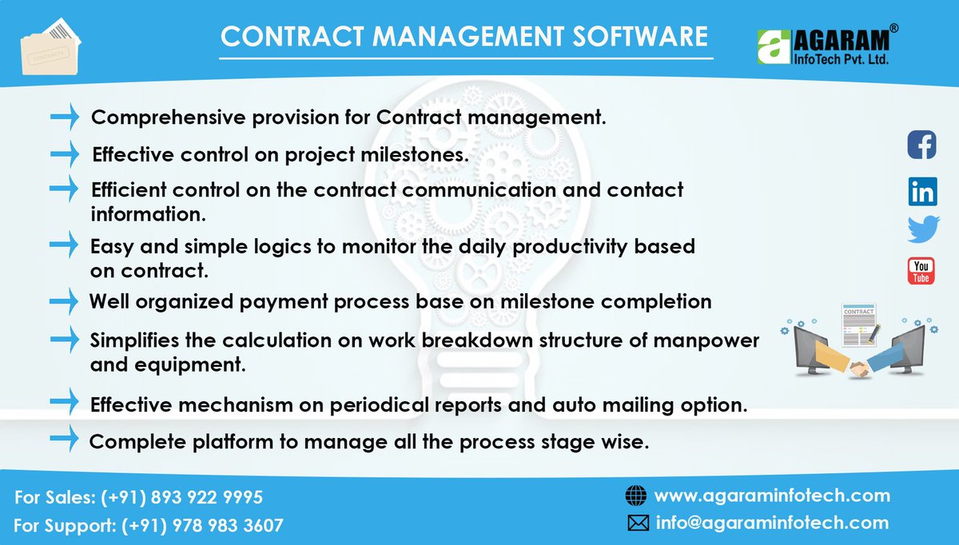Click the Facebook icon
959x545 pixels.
[x=921, y=145]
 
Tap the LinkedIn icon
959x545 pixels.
[x=921, y=191]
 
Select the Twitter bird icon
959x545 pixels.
[x=923, y=230]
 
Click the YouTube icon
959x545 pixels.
[x=921, y=271]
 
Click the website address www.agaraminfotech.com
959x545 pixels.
[x=772, y=495]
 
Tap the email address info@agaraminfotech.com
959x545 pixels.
[x=772, y=523]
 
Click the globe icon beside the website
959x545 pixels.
[x=635, y=496]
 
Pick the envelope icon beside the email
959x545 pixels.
[x=637, y=523]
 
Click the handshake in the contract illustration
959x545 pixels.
[x=861, y=368]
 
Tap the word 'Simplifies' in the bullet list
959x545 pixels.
[x=137, y=340]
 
